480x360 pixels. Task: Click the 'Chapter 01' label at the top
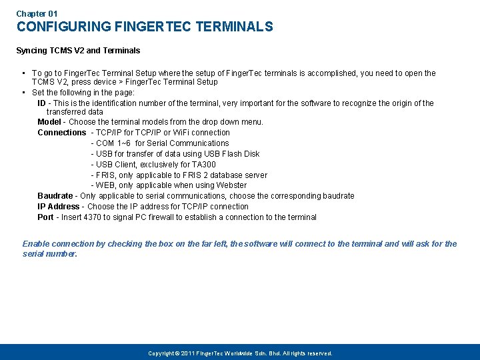coord(37,13)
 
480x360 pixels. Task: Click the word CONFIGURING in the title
coord(64,27)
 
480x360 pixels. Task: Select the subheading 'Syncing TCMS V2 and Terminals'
coord(78,51)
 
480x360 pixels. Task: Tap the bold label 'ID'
coord(41,103)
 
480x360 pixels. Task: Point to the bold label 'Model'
coord(49,122)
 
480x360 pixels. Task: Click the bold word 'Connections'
coord(62,133)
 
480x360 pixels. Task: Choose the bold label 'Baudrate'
coord(55,196)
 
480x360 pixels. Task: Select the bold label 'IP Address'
coord(58,207)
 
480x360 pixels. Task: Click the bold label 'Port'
coord(45,217)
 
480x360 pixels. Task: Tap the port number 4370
coord(91,217)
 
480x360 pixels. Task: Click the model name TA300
coord(204,165)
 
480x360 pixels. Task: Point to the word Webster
coord(231,185)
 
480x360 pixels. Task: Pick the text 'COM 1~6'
coord(113,143)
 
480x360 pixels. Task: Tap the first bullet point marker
coord(23,73)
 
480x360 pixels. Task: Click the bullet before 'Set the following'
coord(23,93)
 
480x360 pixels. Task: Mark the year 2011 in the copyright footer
coord(188,353)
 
